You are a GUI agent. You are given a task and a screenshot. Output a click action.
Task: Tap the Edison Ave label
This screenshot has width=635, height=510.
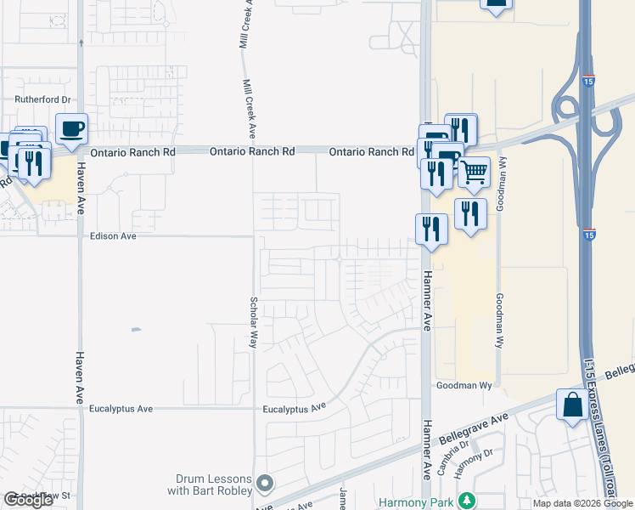click(113, 236)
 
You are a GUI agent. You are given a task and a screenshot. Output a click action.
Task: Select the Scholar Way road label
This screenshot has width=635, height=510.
click(253, 322)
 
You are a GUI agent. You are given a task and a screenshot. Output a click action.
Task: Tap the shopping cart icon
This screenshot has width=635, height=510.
click(474, 173)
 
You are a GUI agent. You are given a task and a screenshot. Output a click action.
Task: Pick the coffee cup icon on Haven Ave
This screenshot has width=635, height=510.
click(71, 129)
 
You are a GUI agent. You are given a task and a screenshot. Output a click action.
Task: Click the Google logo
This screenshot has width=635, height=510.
click(28, 499)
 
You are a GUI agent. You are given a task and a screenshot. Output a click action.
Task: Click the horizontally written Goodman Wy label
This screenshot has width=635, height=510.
click(464, 385)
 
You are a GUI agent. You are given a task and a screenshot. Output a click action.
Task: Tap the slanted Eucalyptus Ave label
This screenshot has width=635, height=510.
click(295, 408)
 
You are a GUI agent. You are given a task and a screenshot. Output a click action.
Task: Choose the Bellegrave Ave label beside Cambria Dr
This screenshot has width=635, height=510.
click(468, 427)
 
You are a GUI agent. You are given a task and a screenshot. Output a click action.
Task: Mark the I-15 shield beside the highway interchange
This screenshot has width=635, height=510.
click(589, 82)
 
